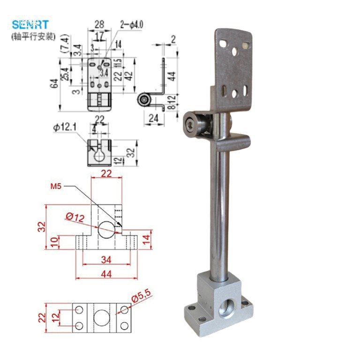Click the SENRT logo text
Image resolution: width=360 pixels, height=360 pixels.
coord(30,24)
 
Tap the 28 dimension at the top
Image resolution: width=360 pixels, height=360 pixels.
coord(99,23)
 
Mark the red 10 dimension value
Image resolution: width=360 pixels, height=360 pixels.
coord(54,242)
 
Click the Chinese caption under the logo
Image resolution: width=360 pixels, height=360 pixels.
coord(33,36)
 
